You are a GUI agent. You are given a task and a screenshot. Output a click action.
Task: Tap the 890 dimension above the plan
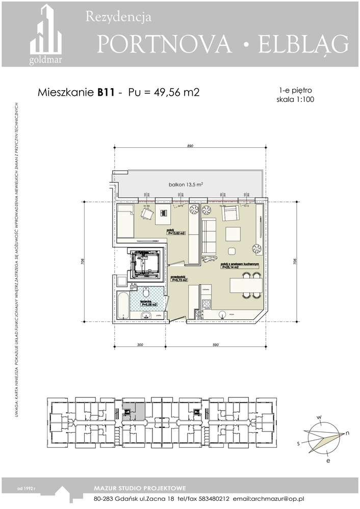190,146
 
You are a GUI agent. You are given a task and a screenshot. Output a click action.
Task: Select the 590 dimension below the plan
215,345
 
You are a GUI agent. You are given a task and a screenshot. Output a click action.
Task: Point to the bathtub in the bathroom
123,305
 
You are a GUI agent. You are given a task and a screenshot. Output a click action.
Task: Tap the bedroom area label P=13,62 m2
175,232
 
